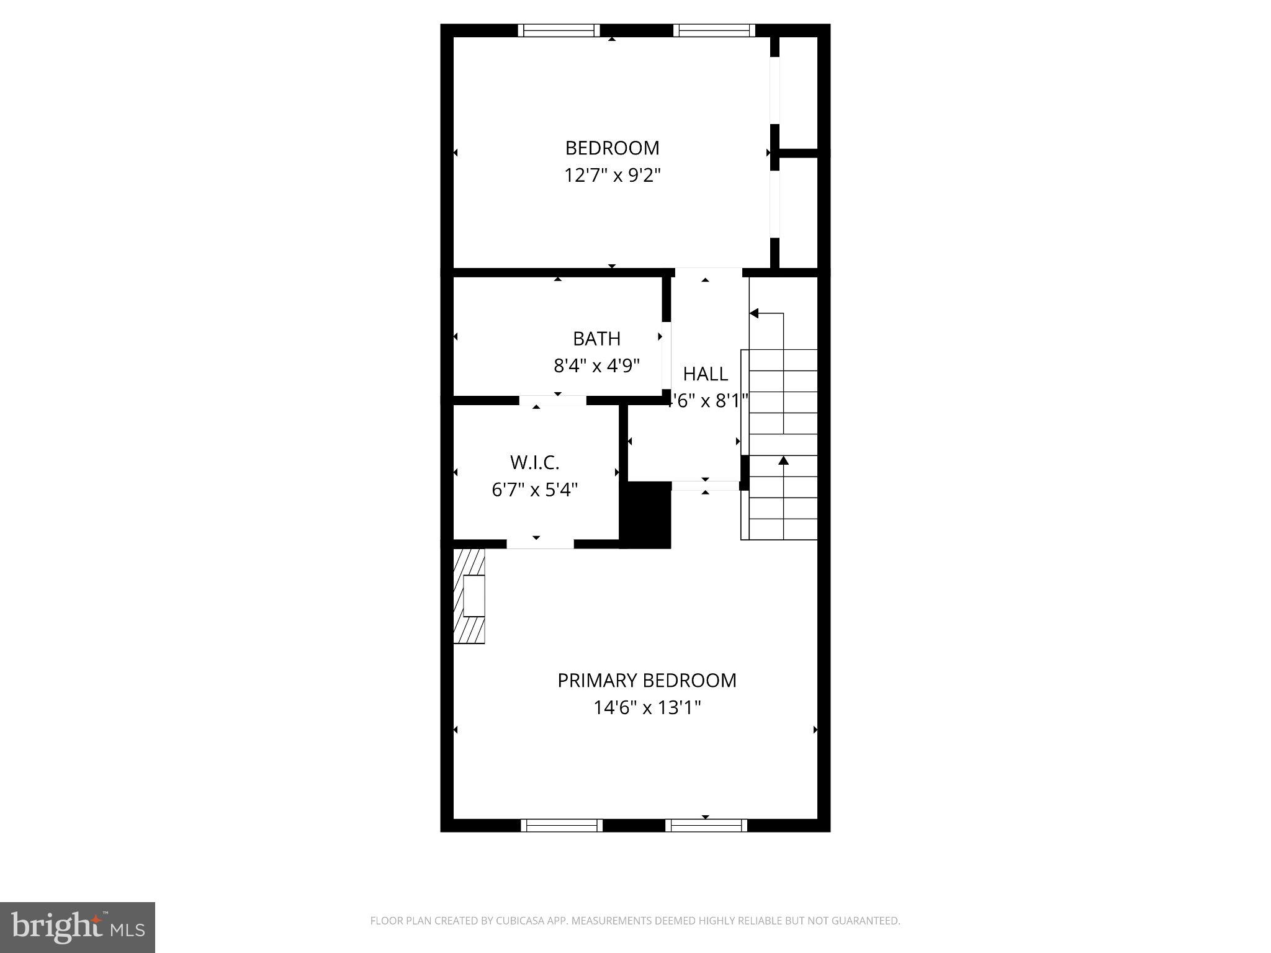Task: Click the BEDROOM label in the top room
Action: pyautogui.click(x=611, y=148)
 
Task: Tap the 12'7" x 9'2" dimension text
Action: pyautogui.click(x=611, y=176)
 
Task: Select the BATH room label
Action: pyautogui.click(x=596, y=339)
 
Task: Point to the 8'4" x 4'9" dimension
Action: pyautogui.click(x=596, y=365)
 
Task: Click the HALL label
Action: pyautogui.click(x=705, y=374)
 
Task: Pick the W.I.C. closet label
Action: pyautogui.click(x=534, y=463)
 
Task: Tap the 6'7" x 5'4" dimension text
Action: pyautogui.click(x=534, y=490)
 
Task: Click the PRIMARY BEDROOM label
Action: pyautogui.click(x=647, y=681)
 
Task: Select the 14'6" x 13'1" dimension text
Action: pyautogui.click(x=647, y=708)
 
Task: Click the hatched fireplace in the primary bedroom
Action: pyautogui.click(x=469, y=596)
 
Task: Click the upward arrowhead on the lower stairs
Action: pyautogui.click(x=783, y=460)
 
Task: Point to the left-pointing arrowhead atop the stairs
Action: pyautogui.click(x=754, y=313)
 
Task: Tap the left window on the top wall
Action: pyautogui.click(x=559, y=30)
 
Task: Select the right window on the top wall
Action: pyautogui.click(x=714, y=30)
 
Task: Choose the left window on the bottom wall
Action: pyautogui.click(x=561, y=825)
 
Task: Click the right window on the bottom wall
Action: pyautogui.click(x=706, y=825)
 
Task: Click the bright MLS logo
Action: pyautogui.click(x=78, y=927)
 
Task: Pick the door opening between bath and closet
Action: pyautogui.click(x=552, y=400)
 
